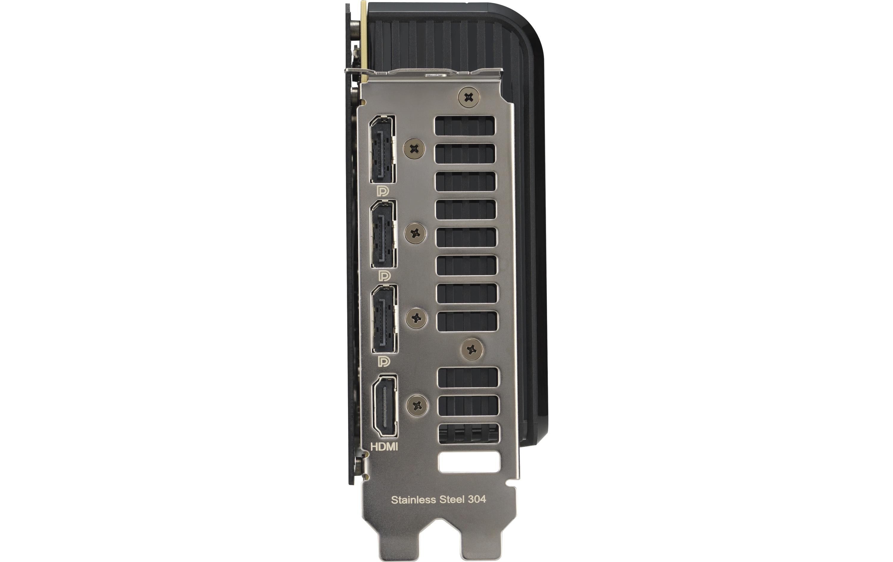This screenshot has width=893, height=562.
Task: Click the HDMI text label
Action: tap(384, 446)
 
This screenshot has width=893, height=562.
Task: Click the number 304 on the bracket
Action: tap(477, 499)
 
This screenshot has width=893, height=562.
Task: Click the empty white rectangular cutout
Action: tap(469, 462)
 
